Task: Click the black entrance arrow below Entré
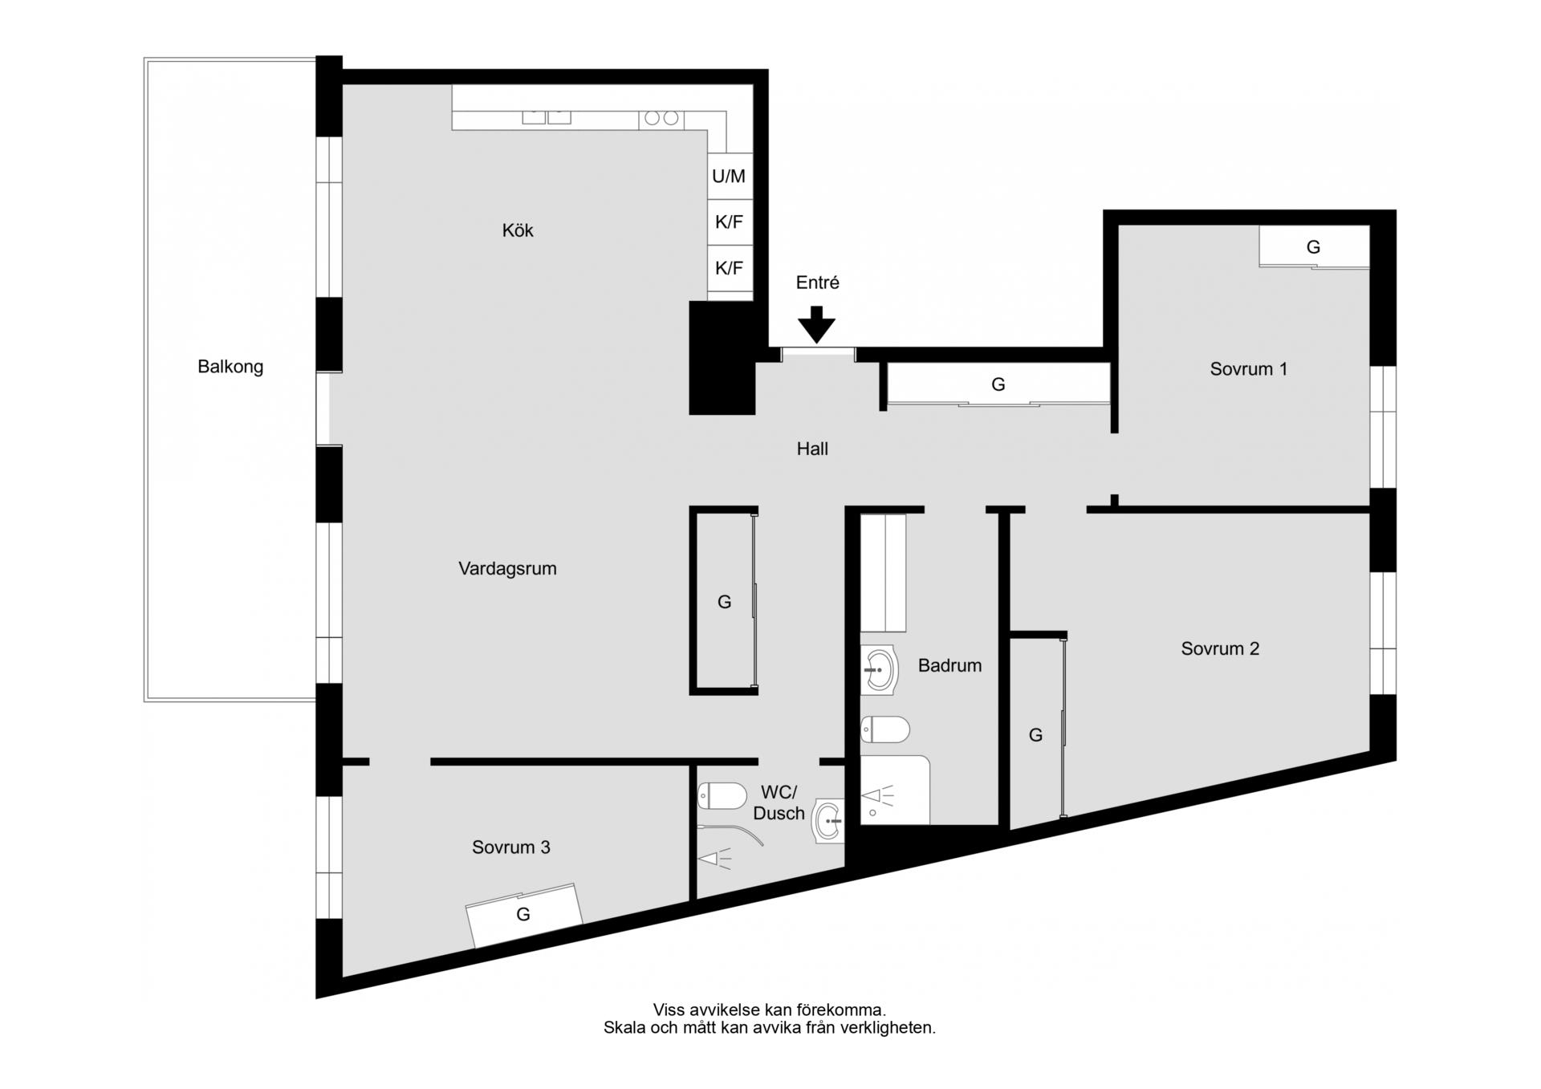tap(816, 324)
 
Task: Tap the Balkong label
tap(230, 367)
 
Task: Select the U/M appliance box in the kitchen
tap(730, 176)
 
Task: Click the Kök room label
tap(518, 230)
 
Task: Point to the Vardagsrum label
tap(507, 568)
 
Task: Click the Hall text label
tap(812, 449)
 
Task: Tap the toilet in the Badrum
tap(885, 729)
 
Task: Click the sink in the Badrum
tap(879, 669)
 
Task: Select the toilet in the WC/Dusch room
tap(722, 796)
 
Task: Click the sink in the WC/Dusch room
tap(829, 821)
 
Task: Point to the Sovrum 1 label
tap(1249, 369)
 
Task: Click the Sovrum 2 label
tap(1220, 648)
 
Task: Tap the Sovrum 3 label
tap(511, 847)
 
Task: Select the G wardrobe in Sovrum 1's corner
tap(1314, 246)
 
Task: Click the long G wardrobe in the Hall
tap(998, 384)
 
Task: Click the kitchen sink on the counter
tap(547, 116)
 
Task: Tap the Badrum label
tap(950, 665)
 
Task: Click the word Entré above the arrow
tap(818, 282)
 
